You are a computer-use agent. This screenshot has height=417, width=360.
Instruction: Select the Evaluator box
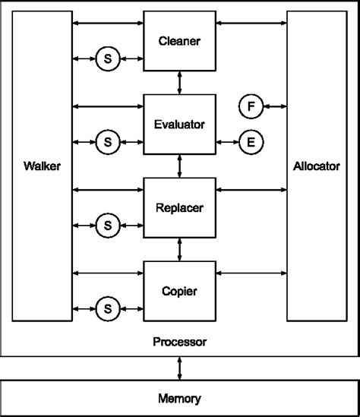180,123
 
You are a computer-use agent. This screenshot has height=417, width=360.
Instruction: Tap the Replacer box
180,206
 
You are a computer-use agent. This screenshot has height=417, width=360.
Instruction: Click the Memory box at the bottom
179,398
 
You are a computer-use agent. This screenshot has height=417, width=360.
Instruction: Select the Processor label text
179,343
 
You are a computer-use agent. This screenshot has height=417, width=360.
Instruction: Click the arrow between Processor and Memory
179,368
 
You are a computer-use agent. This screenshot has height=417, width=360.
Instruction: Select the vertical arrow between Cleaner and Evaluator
180,82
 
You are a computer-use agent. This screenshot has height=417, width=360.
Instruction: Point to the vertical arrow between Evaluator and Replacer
180,165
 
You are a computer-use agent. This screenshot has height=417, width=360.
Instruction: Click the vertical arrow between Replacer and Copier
180,248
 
